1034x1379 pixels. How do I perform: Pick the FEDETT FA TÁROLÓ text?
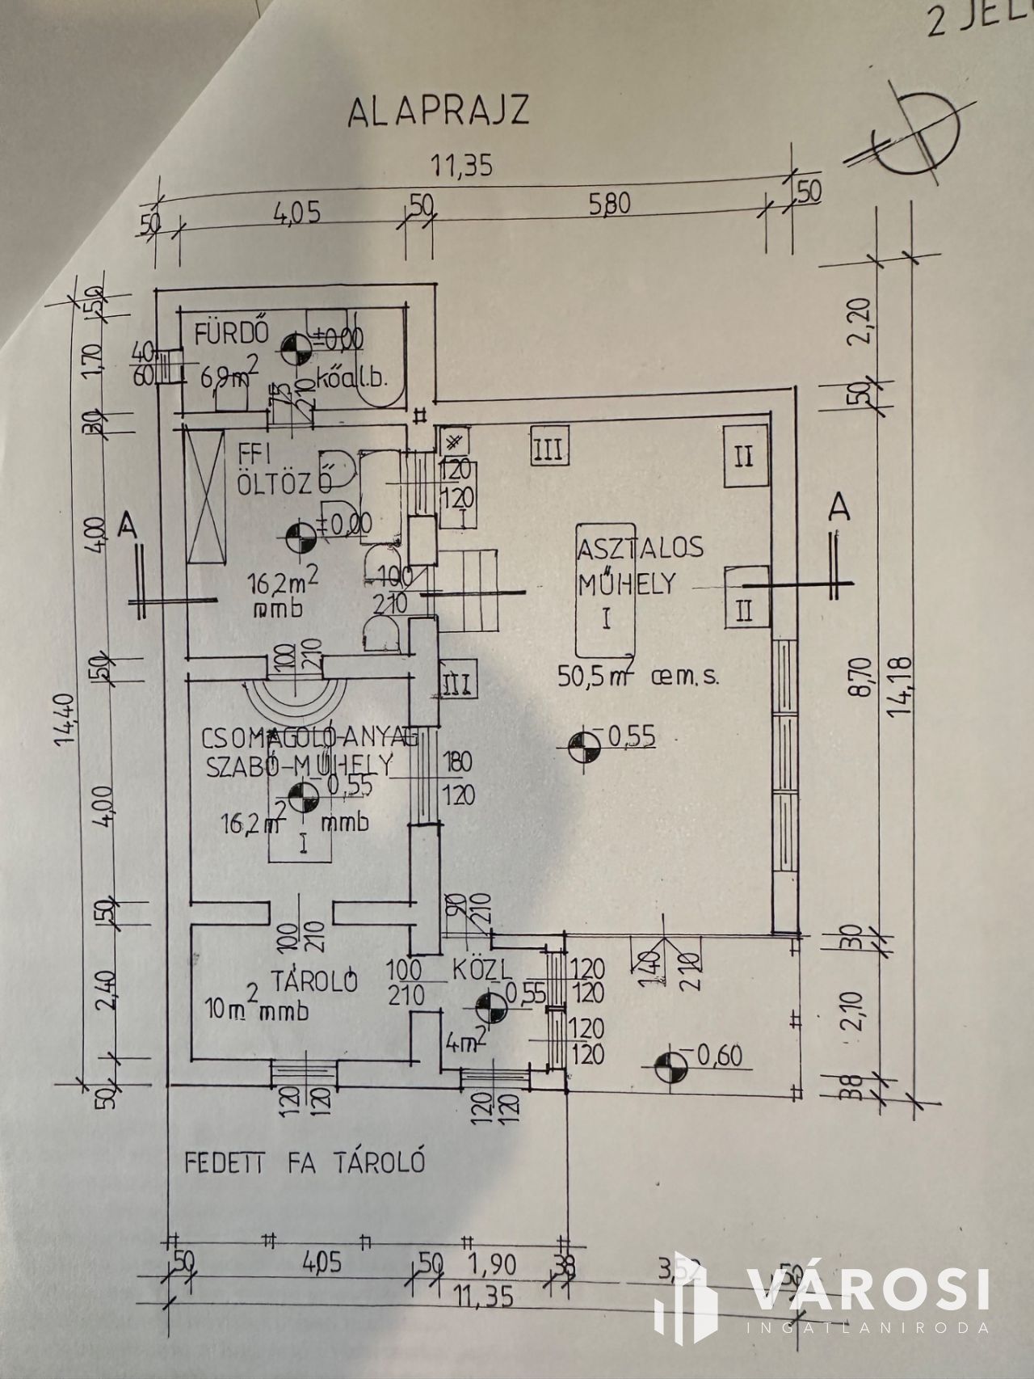point(305,1163)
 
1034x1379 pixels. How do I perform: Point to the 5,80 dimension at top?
point(610,205)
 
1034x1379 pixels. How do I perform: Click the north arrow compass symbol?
point(919,133)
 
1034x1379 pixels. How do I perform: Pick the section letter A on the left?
point(126,526)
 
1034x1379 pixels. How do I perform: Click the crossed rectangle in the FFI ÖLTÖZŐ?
point(204,498)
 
